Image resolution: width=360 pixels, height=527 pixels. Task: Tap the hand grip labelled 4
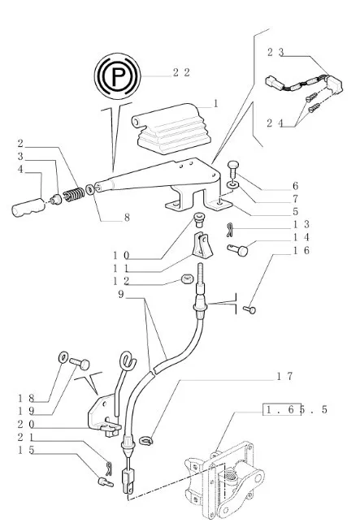28,206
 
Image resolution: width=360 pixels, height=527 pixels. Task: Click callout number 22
181,72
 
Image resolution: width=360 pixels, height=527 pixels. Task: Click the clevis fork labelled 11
202,245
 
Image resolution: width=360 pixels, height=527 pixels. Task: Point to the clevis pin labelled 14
237,250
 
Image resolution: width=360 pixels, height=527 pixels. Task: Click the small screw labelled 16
249,309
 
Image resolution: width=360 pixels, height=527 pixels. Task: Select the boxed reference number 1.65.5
296,410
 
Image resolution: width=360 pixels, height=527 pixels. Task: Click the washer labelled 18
63,357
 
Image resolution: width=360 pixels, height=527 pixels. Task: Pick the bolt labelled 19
80,363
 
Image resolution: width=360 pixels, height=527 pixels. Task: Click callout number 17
284,376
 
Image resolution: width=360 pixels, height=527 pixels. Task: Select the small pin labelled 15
106,482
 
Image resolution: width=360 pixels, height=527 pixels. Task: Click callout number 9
121,295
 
